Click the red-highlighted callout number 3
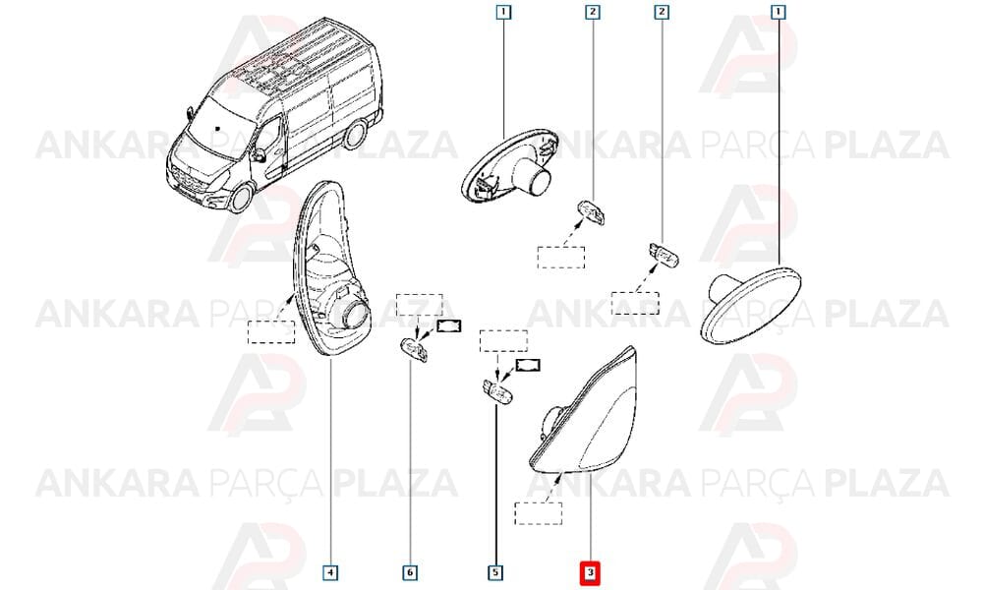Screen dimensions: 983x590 coord(590,572)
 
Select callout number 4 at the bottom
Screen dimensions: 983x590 coord(330,572)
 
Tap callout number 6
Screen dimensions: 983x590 coord(409,572)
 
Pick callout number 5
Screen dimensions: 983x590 coord(495,572)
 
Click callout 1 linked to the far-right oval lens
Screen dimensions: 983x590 coord(778,11)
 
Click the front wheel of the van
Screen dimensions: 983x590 coord(241,197)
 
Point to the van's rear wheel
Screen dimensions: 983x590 coord(356,137)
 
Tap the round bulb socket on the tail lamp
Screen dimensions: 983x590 coord(355,314)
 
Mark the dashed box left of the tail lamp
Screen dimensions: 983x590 coord(271,331)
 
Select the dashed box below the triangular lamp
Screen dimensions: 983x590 coord(539,513)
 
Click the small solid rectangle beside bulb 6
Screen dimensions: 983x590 coord(449,325)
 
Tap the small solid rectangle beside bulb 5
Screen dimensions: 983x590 coord(528,365)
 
